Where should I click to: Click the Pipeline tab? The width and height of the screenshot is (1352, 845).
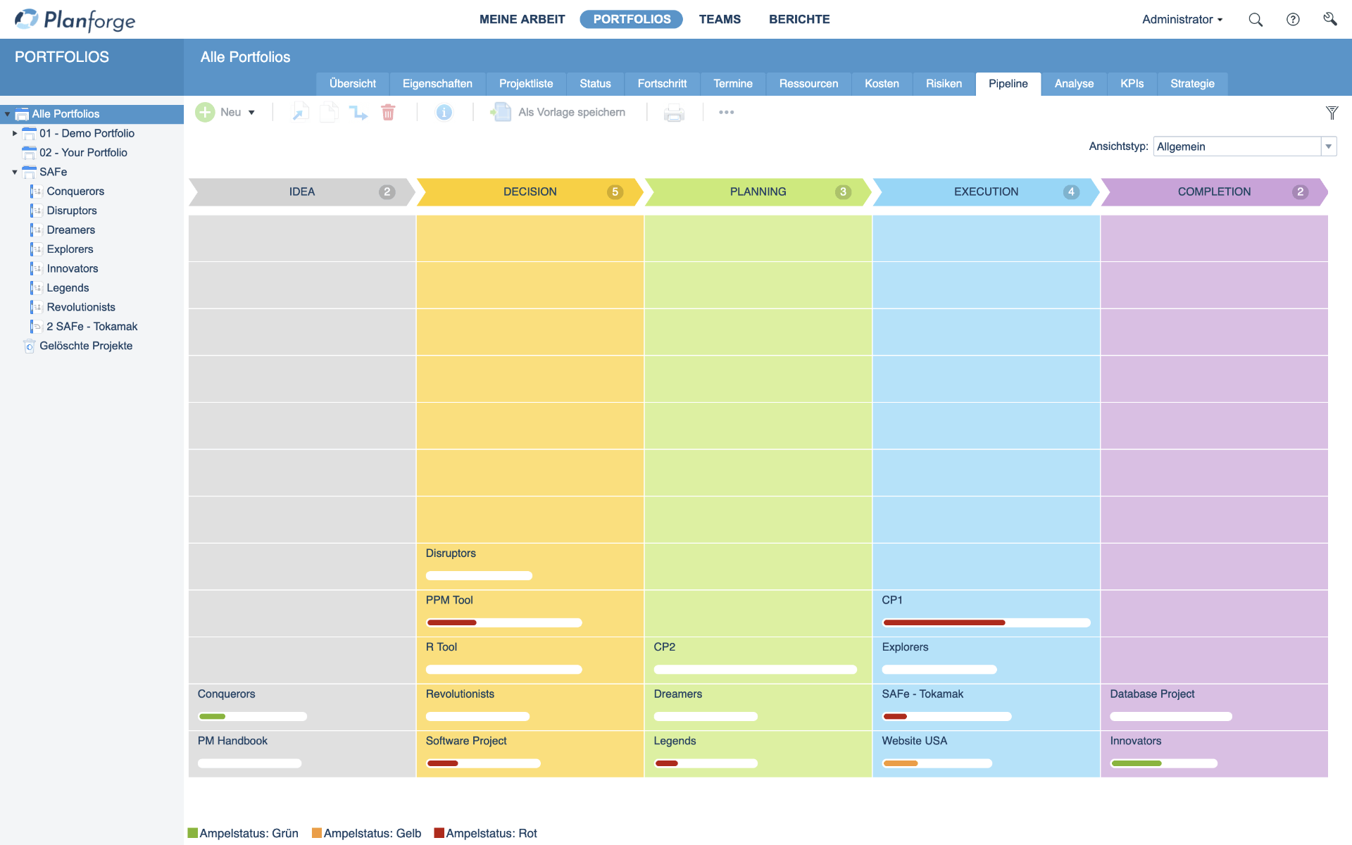point(1008,84)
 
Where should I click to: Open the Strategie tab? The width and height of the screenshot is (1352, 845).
point(1191,84)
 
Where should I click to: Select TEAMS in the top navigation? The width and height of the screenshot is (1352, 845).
point(719,20)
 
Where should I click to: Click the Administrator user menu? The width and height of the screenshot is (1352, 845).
point(1182,20)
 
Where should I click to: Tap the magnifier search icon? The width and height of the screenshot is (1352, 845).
point(1255,20)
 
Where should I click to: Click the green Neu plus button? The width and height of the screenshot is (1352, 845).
point(205,113)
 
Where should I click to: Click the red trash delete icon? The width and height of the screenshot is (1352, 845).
point(388,113)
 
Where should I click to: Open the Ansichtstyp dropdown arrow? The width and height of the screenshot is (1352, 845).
point(1328,146)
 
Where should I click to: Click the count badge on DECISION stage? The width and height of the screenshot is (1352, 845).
point(615,192)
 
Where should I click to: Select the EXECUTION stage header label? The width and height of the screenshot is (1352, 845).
point(985,192)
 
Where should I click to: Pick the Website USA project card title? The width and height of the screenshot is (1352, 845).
point(914,741)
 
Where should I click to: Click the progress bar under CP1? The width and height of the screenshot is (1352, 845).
point(986,622)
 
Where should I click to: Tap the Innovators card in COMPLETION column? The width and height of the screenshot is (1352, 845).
point(1135,741)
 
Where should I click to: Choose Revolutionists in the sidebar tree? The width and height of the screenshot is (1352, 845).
point(81,307)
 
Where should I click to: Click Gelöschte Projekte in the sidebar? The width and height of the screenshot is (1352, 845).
point(86,346)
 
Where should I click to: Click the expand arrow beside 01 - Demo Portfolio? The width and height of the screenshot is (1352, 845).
point(15,133)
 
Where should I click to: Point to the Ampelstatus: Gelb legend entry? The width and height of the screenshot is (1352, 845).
point(367,833)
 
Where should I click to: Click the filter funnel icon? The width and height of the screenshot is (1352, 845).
point(1332,113)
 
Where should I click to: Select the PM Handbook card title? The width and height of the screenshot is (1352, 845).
point(232,741)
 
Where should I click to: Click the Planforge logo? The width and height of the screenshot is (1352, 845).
point(75,20)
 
